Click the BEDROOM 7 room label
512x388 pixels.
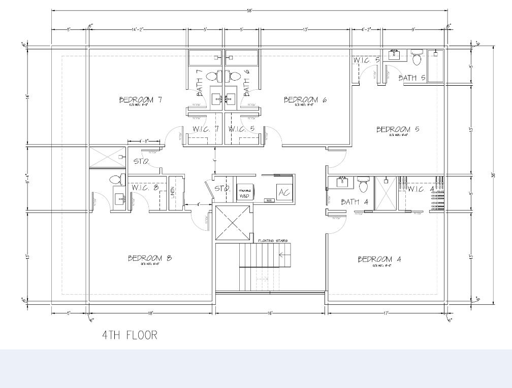pyautogui.click(x=140, y=99)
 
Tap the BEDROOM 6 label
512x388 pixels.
pyautogui.click(x=305, y=99)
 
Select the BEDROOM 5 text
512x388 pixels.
pyautogui.click(x=398, y=129)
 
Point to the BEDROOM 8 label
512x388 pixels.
pyautogui.click(x=149, y=258)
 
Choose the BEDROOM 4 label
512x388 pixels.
pyautogui.click(x=379, y=259)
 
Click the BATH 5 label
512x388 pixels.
pyautogui.click(x=411, y=78)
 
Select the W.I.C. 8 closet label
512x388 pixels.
pyautogui.click(x=145, y=188)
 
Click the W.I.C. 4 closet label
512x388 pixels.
pyautogui.click(x=421, y=189)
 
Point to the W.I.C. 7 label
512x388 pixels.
pyautogui.click(x=205, y=129)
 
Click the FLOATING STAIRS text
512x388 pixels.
pyautogui.click(x=273, y=240)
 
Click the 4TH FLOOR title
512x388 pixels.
pyautogui.click(x=130, y=335)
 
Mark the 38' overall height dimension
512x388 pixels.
pyautogui.click(x=493, y=175)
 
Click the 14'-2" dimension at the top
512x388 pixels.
pyautogui.click(x=138, y=29)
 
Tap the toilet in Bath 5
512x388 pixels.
pyautogui.click(x=417, y=58)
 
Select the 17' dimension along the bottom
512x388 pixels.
pyautogui.click(x=387, y=313)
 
